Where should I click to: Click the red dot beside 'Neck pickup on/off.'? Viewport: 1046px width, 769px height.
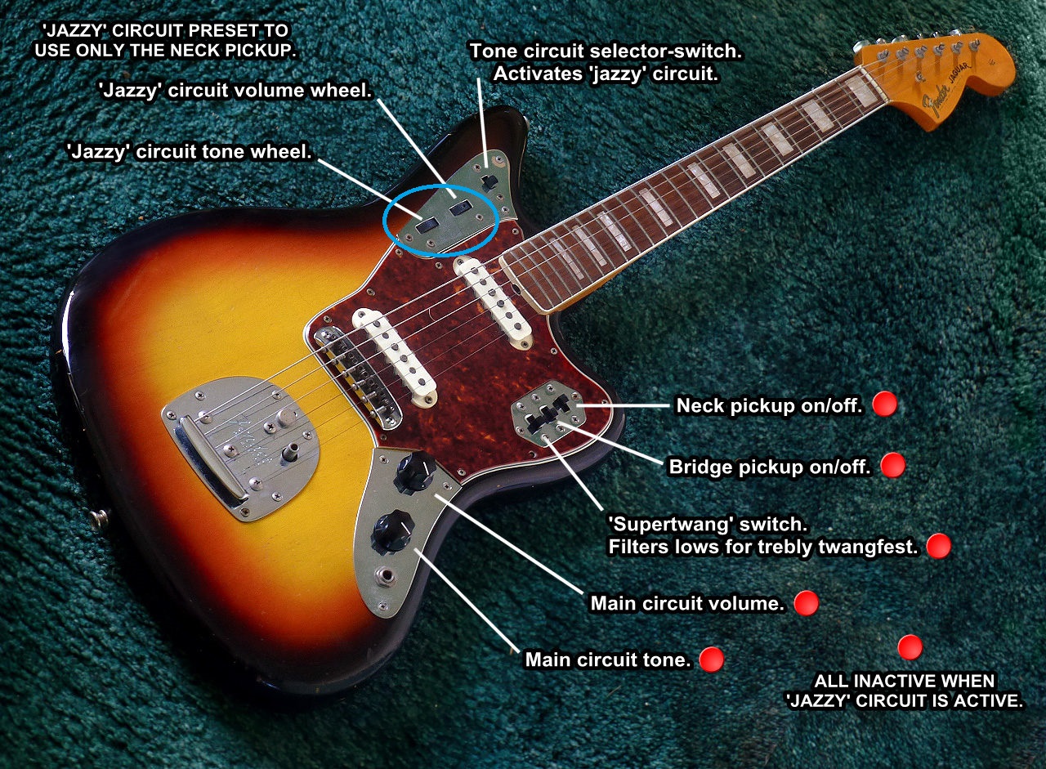(x=885, y=404)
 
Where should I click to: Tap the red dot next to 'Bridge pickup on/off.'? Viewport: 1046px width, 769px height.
(x=892, y=465)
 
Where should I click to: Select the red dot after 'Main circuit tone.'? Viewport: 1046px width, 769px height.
(x=711, y=659)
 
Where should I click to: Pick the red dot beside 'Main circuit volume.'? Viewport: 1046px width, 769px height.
(x=806, y=603)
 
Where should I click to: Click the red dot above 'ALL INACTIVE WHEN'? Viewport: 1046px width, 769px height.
(x=910, y=647)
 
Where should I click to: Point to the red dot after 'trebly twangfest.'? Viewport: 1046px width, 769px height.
(x=938, y=546)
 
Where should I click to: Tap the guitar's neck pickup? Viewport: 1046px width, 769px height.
(x=493, y=298)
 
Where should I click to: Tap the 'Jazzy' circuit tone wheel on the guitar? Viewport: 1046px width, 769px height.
(x=427, y=224)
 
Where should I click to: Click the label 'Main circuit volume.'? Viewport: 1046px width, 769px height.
(x=687, y=604)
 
